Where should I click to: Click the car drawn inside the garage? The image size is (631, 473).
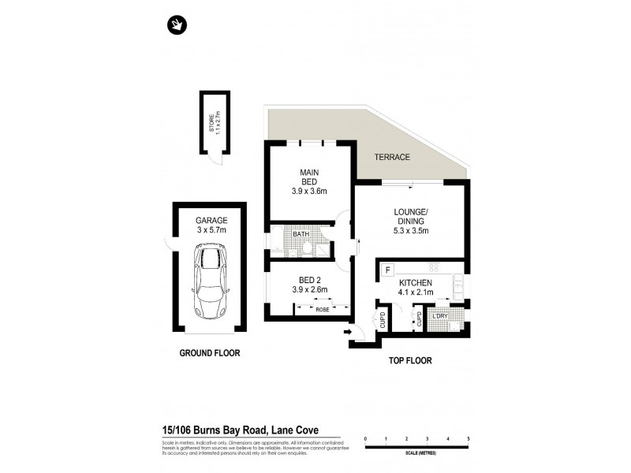point(210,281)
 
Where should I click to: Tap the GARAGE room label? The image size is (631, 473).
point(211,220)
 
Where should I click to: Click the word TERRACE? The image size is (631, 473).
point(392,157)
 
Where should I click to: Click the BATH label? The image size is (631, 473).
point(301,234)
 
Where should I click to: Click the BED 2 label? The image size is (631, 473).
point(308,279)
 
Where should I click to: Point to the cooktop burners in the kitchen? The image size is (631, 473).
point(433,267)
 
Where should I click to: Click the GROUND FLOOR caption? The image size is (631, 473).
point(209,353)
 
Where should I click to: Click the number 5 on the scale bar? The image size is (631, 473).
point(469,439)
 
